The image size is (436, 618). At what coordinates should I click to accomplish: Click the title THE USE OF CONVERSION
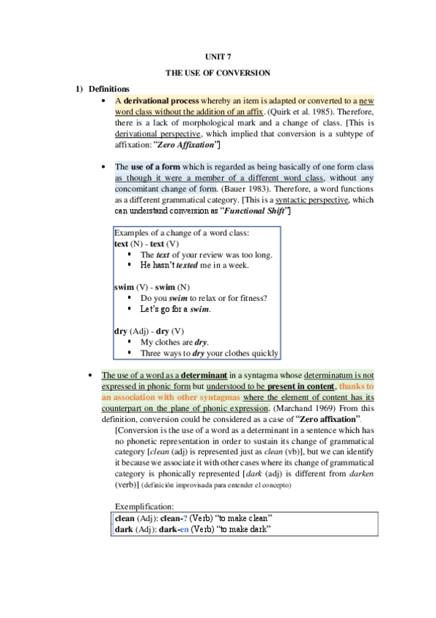coord(218,73)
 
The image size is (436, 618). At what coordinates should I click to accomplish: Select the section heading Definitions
coord(109,89)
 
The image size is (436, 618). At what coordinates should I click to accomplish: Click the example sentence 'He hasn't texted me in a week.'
coord(194,265)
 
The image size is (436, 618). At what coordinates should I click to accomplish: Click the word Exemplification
coord(144,506)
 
